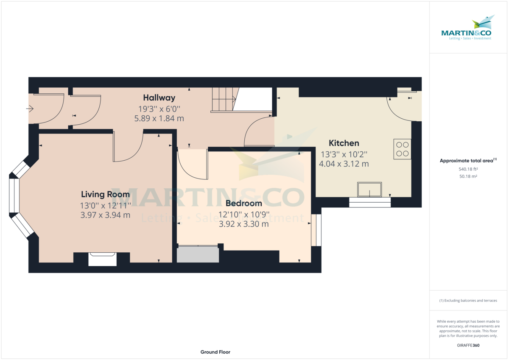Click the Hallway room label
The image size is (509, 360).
(159, 98)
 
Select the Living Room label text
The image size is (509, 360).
(105, 195)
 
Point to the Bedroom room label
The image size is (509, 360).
(243, 204)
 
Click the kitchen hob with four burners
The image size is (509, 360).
(402, 149)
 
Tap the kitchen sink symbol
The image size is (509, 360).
(369, 190)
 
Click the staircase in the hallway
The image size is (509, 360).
(224, 100)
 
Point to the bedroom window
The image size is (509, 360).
(316, 230)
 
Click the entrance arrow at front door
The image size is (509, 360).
(30, 109)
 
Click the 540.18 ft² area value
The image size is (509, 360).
(468, 169)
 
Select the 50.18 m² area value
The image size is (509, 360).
(468, 176)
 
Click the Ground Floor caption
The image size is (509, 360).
(215, 352)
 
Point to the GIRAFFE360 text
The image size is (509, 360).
(468, 346)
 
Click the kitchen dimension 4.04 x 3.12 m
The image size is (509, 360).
(344, 163)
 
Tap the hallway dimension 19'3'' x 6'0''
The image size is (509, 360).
(159, 109)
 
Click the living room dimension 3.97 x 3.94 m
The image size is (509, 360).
(105, 215)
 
